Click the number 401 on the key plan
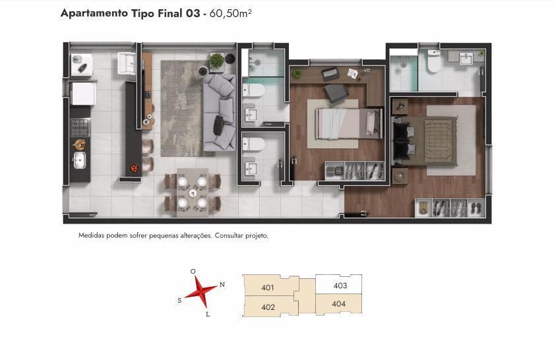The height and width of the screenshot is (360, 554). click(x=268, y=287)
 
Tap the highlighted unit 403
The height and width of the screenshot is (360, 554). click(x=338, y=284)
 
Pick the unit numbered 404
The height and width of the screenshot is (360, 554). click(x=338, y=303)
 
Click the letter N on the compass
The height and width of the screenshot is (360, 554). click(x=222, y=284)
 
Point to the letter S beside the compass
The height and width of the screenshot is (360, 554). click(x=179, y=300)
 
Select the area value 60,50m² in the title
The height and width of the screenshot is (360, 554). click(x=230, y=13)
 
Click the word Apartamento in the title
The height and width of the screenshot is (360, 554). click(x=94, y=13)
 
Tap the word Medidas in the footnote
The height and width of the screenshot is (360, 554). click(x=92, y=235)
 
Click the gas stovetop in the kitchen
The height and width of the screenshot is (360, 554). click(x=80, y=127)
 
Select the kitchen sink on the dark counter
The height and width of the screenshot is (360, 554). click(x=80, y=160)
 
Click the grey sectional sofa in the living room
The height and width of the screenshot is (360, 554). click(x=219, y=112)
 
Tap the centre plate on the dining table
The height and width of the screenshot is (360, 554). click(x=193, y=193)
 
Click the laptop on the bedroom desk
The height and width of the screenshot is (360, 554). click(x=330, y=73)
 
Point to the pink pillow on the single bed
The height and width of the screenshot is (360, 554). click(x=370, y=123)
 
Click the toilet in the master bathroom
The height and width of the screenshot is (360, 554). click(x=433, y=61)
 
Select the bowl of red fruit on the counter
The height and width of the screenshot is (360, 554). click(x=134, y=168)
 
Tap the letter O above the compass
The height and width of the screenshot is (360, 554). click(x=193, y=272)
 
